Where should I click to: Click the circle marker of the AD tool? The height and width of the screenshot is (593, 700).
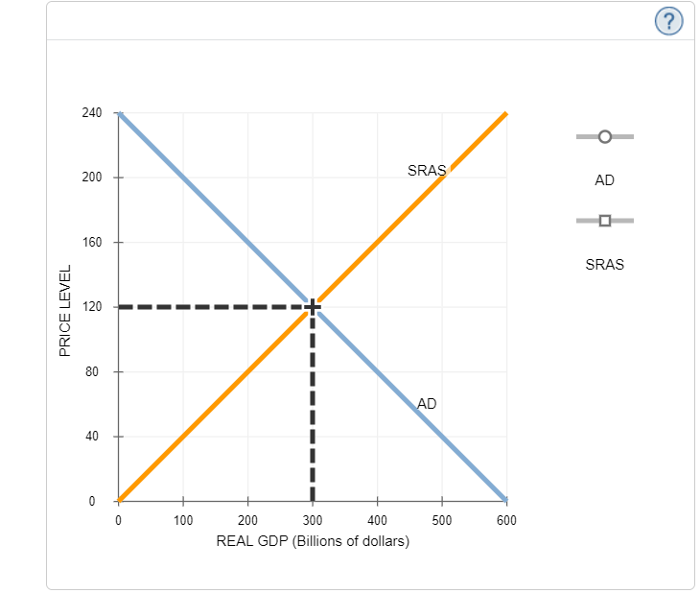pyautogui.click(x=604, y=136)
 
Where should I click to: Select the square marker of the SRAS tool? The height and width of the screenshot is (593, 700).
pyautogui.click(x=604, y=221)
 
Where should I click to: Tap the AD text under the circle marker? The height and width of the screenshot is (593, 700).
pyautogui.click(x=604, y=179)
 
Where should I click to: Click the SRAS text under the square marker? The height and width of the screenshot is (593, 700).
pyautogui.click(x=604, y=264)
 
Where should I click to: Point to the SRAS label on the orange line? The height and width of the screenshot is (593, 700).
pyautogui.click(x=426, y=171)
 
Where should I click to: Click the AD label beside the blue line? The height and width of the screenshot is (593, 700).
pyautogui.click(x=427, y=404)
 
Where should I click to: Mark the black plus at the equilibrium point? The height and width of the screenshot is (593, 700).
pyautogui.click(x=313, y=307)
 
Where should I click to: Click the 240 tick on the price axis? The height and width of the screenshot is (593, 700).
pyautogui.click(x=91, y=113)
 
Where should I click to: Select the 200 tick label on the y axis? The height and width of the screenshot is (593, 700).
pyautogui.click(x=91, y=178)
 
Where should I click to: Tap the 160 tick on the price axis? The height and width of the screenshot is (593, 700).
pyautogui.click(x=91, y=243)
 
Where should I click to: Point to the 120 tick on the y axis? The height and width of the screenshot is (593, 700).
pyautogui.click(x=91, y=307)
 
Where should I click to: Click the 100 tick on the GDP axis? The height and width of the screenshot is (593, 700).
pyautogui.click(x=183, y=520)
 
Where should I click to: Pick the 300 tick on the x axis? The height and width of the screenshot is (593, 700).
pyautogui.click(x=313, y=520)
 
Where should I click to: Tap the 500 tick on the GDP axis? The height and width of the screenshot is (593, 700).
pyautogui.click(x=442, y=520)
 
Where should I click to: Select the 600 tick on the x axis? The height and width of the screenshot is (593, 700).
pyautogui.click(x=506, y=520)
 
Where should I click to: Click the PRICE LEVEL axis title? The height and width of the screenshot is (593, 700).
pyautogui.click(x=65, y=310)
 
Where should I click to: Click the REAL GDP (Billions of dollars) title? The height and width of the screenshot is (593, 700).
pyautogui.click(x=313, y=541)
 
